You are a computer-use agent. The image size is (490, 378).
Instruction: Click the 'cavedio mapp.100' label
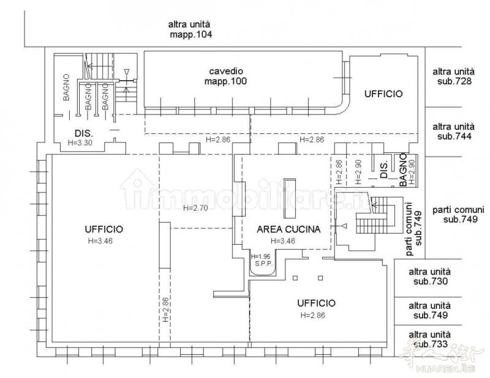pos(225,76)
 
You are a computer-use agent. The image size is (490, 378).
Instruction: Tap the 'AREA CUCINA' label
pos(288,229)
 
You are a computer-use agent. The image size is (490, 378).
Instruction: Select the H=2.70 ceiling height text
pos(195,208)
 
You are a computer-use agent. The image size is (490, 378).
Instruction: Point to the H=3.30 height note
pos(80,143)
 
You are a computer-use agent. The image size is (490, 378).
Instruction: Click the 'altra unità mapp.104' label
pos(190,29)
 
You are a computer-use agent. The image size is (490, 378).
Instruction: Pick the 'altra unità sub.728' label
pos(454,76)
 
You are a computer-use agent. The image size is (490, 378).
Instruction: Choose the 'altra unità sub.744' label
pos(454,132)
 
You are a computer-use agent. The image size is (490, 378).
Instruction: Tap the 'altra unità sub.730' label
pos(430,276)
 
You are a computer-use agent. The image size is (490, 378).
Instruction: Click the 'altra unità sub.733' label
pos(430,339)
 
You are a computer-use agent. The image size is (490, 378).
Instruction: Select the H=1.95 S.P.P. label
pos(261,260)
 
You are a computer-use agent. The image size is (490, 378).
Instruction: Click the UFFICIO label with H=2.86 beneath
pos(316,303)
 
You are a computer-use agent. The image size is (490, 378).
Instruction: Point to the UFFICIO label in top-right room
pos(383,94)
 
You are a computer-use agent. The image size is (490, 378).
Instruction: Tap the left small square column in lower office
pos(295,278)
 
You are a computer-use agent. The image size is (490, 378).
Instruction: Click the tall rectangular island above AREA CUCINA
pos(289,199)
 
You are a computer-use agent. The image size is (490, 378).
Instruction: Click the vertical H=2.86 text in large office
pos(165,309)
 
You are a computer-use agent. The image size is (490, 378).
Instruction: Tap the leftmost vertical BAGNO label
pos(66,87)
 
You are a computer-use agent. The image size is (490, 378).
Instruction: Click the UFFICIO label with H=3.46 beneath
pos(104,229)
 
